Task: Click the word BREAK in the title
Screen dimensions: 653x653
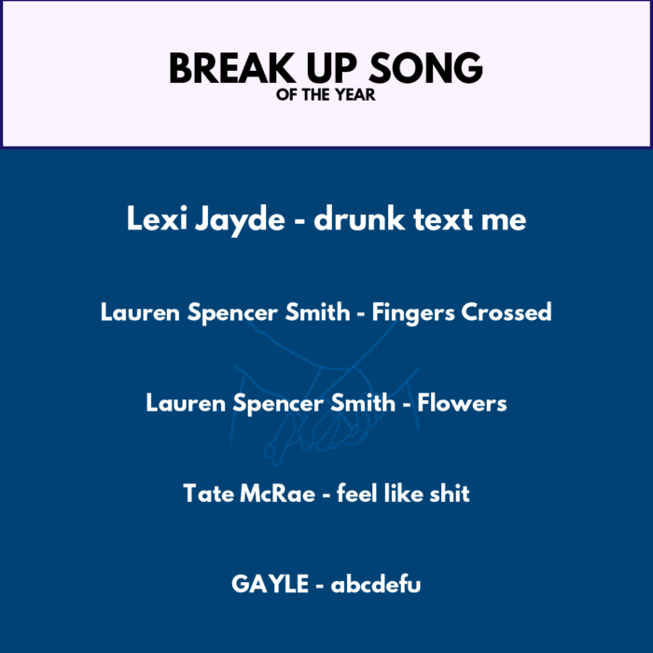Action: [232, 68]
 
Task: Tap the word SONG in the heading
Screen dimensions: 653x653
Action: [425, 68]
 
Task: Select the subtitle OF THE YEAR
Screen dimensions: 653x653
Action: [326, 95]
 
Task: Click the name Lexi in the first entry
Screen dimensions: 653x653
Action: [157, 218]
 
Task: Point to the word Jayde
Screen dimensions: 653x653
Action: [241, 220]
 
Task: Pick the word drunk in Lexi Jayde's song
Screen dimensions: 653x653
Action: [359, 218]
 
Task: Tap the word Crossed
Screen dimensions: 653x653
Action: [507, 312]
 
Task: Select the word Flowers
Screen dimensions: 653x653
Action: [462, 403]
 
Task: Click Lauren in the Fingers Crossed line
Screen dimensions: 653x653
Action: [140, 313]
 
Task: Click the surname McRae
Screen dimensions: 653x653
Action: [278, 493]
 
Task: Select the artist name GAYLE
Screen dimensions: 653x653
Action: [270, 584]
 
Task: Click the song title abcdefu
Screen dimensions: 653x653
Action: [376, 583]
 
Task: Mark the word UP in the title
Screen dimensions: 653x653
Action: [332, 68]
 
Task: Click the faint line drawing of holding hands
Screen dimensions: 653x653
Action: [325, 392]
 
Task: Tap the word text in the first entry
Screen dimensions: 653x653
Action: [443, 219]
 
